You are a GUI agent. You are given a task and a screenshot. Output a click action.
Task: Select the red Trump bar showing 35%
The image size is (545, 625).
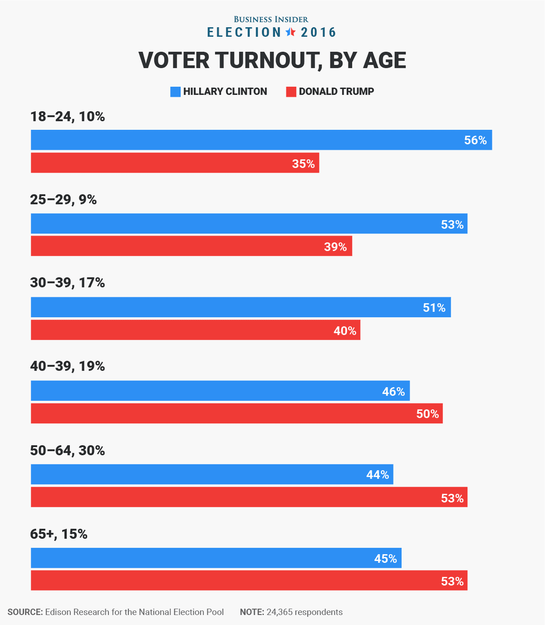[x=175, y=163]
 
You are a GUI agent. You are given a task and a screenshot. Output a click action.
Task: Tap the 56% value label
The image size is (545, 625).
[x=475, y=140]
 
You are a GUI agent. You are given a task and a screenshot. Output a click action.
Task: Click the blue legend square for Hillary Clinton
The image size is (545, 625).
[x=175, y=92]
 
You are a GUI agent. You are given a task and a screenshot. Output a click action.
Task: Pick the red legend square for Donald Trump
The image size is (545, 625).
[x=291, y=92]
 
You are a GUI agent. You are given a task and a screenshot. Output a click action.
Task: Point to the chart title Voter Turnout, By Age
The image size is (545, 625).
[x=272, y=60]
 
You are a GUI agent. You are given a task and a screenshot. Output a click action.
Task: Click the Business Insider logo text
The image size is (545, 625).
[x=271, y=20]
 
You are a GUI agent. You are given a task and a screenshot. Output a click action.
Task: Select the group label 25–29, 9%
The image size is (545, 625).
[x=64, y=200]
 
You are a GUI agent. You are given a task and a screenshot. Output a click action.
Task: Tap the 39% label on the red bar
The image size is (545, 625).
[x=335, y=247]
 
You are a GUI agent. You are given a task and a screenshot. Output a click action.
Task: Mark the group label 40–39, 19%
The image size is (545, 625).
[x=68, y=366]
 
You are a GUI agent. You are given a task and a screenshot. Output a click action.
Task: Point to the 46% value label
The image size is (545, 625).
[x=393, y=392]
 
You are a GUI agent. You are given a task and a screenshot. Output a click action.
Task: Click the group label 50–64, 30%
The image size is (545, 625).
[x=68, y=451]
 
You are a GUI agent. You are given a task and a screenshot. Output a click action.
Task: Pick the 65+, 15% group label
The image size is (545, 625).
[x=59, y=534]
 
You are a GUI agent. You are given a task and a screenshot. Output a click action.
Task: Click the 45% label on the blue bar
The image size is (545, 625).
[x=385, y=559]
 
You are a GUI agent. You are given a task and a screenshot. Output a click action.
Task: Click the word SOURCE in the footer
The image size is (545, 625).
[x=25, y=612]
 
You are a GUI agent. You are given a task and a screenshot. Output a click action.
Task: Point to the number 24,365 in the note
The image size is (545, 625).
[x=279, y=612]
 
